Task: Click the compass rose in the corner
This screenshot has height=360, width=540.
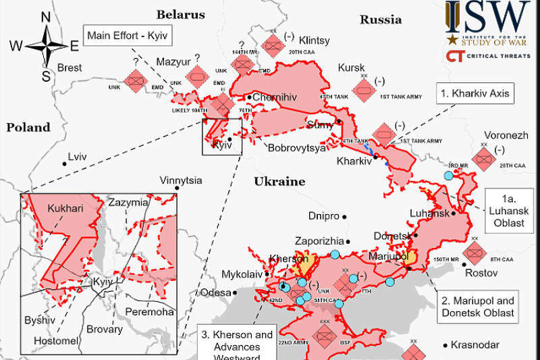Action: (x=46, y=46)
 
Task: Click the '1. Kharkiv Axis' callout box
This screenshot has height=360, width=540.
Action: (x=475, y=94)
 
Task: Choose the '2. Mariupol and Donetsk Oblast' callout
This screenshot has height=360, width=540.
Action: (x=478, y=307)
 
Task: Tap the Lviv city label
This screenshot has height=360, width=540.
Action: (x=78, y=157)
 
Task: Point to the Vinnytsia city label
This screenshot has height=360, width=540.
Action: (x=180, y=180)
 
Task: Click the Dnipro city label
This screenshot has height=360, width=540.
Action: (x=323, y=217)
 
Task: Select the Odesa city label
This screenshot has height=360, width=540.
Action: (x=215, y=292)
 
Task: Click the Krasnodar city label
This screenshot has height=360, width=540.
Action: (x=475, y=344)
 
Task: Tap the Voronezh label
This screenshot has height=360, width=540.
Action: (x=506, y=135)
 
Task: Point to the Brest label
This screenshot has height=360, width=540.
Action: (x=70, y=68)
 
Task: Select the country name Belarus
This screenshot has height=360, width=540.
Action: (x=180, y=14)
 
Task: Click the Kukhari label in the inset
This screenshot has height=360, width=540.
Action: (x=65, y=209)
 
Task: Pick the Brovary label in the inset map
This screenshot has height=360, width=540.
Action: (x=105, y=330)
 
